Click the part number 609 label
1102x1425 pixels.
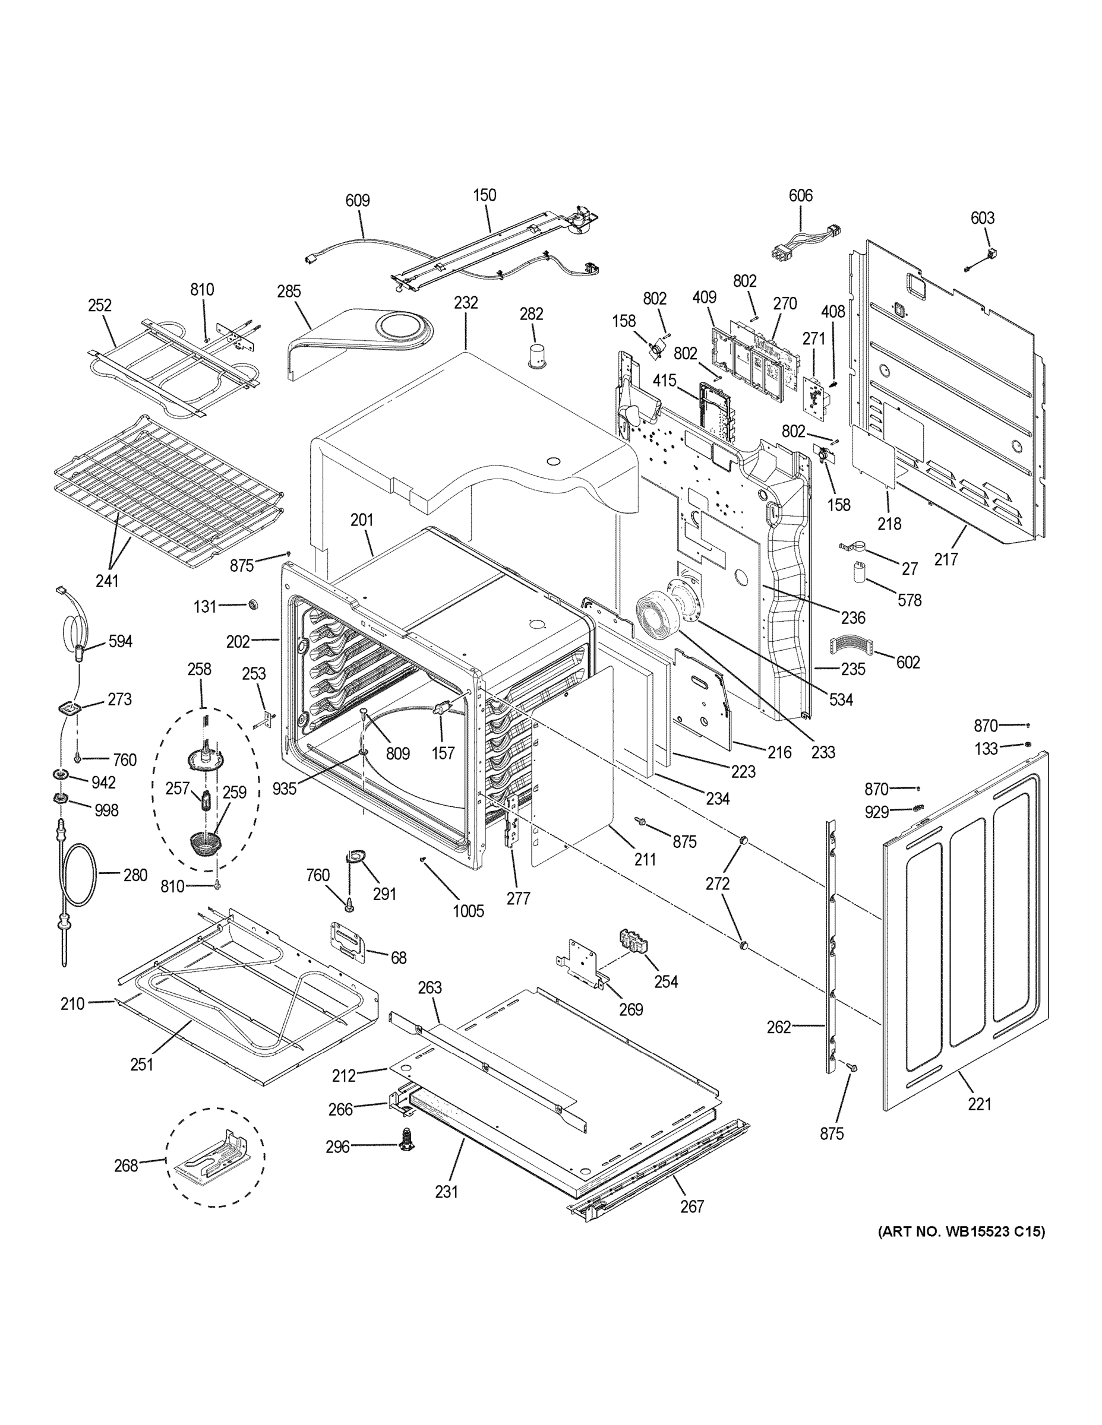pos(357,200)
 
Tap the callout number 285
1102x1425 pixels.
pos(289,291)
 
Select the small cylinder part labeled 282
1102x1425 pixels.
pos(537,356)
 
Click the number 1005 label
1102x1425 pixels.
pos(468,911)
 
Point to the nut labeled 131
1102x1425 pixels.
pos(251,605)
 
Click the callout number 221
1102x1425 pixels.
pos(979,1104)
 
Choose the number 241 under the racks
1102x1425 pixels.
pos(107,580)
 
